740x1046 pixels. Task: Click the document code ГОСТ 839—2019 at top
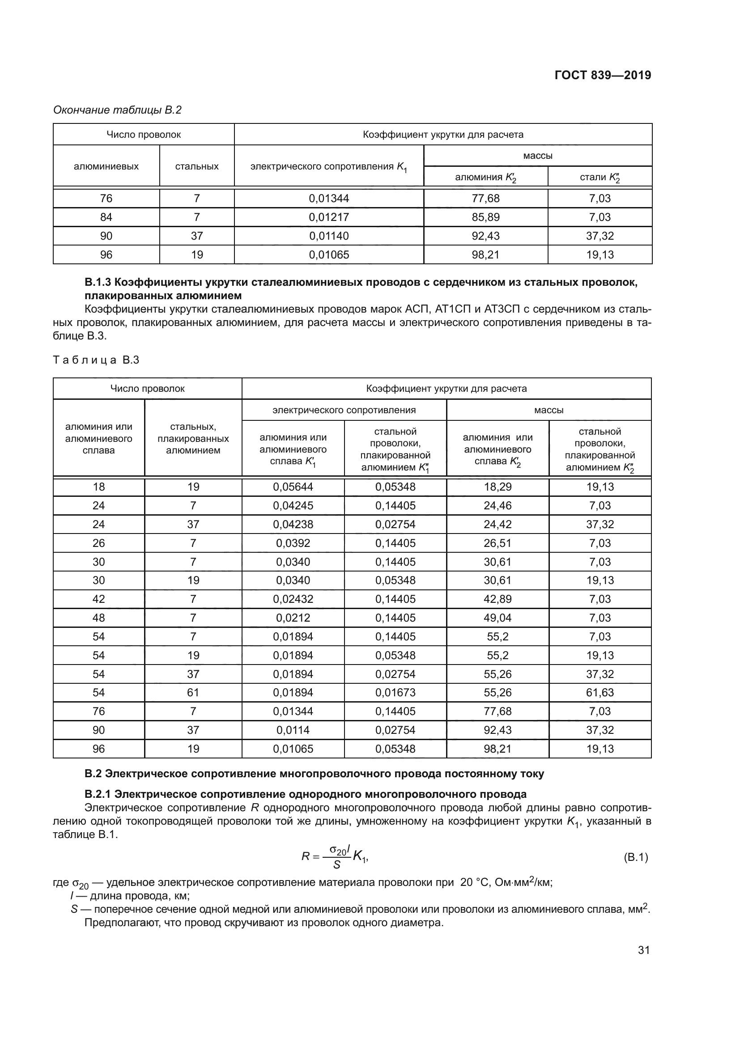pyautogui.click(x=603, y=75)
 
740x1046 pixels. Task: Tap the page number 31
pyautogui.click(x=643, y=950)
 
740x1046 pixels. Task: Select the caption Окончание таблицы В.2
pyautogui.click(x=117, y=110)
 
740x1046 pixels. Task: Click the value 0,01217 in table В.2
pyautogui.click(x=328, y=217)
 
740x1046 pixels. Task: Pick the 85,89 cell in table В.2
pyautogui.click(x=485, y=217)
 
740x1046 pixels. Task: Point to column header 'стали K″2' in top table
pyautogui.click(x=600, y=177)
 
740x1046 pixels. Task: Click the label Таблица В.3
pyautogui.click(x=96, y=360)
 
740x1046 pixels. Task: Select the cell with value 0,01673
pyautogui.click(x=395, y=693)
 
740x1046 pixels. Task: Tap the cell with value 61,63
pyautogui.click(x=600, y=693)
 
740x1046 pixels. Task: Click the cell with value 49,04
pyautogui.click(x=497, y=618)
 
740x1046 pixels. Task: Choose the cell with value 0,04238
pyautogui.click(x=293, y=525)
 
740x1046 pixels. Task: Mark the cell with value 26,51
pyautogui.click(x=497, y=543)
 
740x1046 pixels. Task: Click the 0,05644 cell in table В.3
pyautogui.click(x=293, y=487)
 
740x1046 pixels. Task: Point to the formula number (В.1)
pyautogui.click(x=635, y=857)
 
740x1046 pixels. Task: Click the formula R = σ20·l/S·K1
pyautogui.click(x=335, y=857)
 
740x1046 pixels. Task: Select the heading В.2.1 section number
pyautogui.click(x=98, y=795)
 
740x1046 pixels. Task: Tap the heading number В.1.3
pyautogui.click(x=98, y=283)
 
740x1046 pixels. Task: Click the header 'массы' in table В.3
pyautogui.click(x=549, y=410)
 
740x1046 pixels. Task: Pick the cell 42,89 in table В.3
pyautogui.click(x=497, y=599)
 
